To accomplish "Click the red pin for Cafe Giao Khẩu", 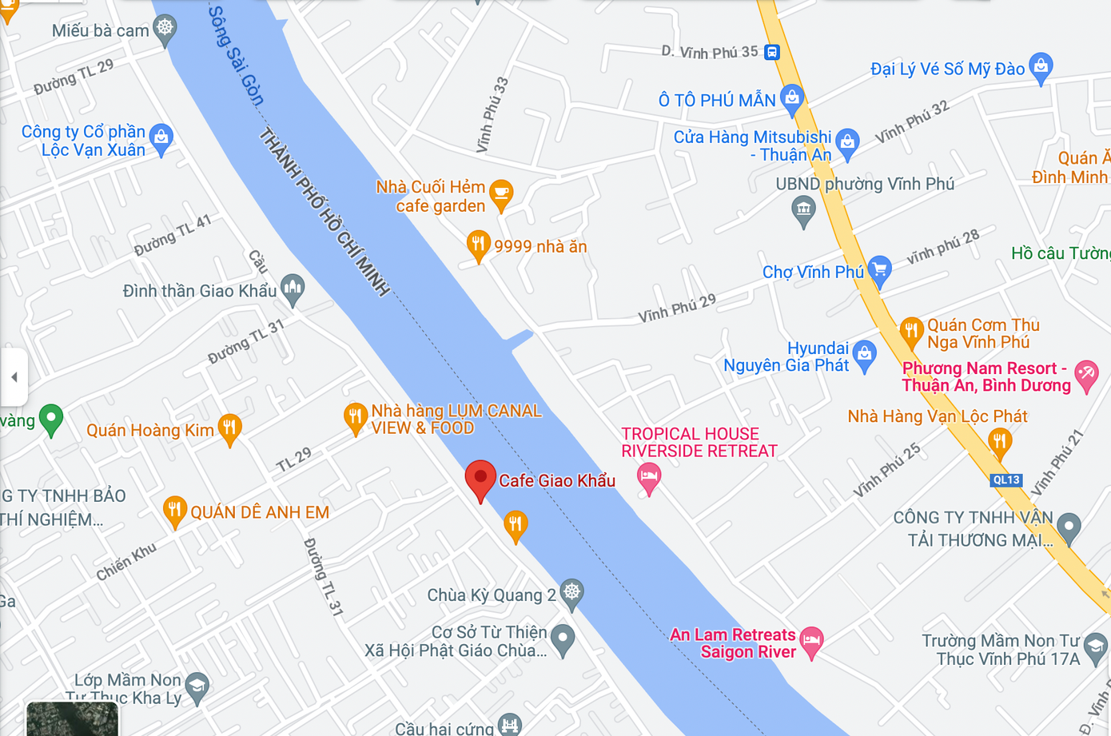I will click(x=480, y=478).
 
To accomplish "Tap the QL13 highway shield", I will click(x=1005, y=480).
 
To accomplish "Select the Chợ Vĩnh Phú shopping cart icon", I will click(x=879, y=270).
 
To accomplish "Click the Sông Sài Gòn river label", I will click(x=236, y=56).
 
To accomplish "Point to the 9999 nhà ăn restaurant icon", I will click(x=478, y=245).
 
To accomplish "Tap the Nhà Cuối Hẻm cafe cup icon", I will click(x=501, y=194).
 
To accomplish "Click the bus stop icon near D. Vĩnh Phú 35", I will click(x=771, y=53).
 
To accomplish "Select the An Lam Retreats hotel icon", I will click(x=811, y=640).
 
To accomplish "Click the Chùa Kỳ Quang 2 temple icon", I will click(x=571, y=593).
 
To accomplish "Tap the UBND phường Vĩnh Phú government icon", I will click(x=803, y=211).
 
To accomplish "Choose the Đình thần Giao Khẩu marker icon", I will click(x=293, y=288).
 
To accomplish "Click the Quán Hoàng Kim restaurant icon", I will click(x=229, y=428).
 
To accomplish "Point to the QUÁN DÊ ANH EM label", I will click(x=259, y=512).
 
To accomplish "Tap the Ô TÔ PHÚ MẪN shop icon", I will click(x=791, y=98).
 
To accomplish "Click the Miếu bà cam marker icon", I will click(x=165, y=29).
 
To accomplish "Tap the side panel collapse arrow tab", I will click(x=14, y=377).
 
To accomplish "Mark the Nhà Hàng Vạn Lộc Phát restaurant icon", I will click(x=999, y=441).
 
